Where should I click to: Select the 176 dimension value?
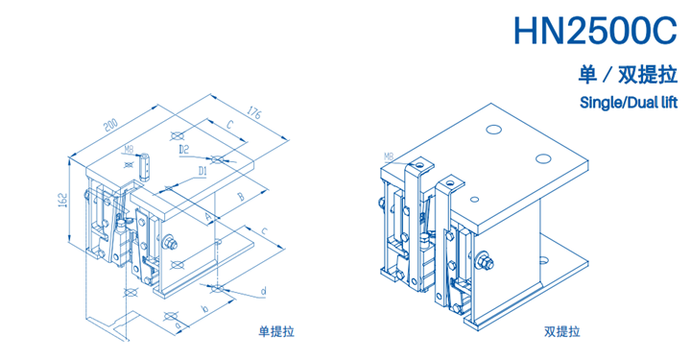point(254,111)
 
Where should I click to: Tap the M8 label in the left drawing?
point(129,150)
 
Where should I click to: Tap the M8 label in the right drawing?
point(389,156)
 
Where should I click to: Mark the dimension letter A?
point(208,216)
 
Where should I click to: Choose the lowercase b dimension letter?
point(204,309)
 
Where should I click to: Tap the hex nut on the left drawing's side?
point(169,242)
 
